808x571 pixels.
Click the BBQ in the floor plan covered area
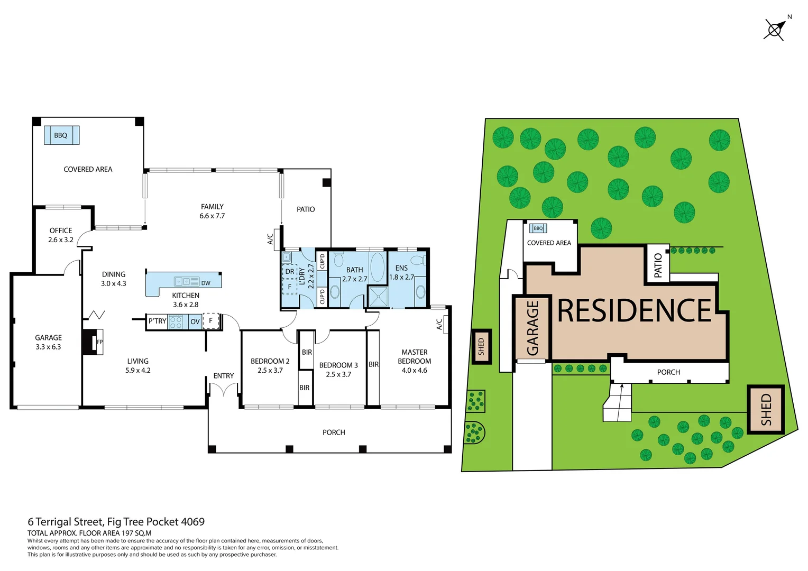point(61,135)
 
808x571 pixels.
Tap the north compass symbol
point(775,30)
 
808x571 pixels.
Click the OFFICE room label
point(61,231)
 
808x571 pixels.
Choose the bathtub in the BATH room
point(377,267)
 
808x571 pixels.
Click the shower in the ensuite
point(378,297)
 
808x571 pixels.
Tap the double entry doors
point(224,390)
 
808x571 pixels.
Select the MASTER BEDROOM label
point(415,356)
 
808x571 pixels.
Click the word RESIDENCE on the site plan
point(634,310)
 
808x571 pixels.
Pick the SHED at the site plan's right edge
point(766,410)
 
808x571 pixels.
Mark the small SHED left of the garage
point(481,347)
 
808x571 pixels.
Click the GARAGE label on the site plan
point(532,328)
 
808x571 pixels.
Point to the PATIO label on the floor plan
point(306,209)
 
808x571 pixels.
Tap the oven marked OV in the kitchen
point(195,321)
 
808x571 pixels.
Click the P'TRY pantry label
point(157,321)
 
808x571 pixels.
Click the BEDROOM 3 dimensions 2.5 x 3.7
point(338,374)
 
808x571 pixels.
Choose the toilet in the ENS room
point(418,260)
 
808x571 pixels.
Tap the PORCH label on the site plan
point(668,372)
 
